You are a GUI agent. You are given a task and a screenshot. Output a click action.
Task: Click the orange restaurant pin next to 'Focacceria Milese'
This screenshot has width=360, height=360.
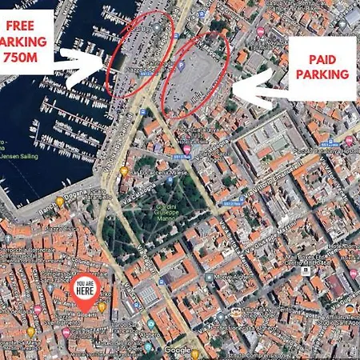coord(124,170)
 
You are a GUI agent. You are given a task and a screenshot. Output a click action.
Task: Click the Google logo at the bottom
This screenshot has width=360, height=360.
coord(177,350)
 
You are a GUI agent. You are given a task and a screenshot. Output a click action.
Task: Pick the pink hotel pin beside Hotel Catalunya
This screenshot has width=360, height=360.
coord(186,149)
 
